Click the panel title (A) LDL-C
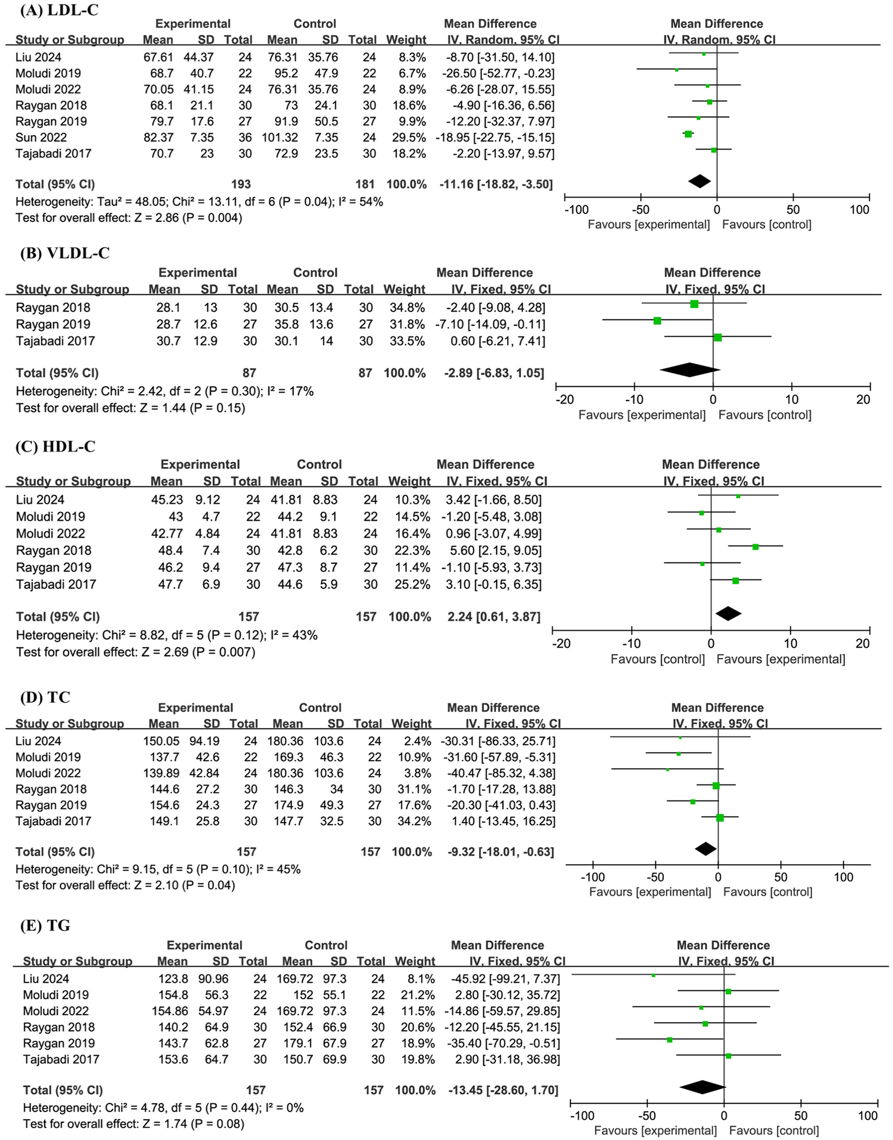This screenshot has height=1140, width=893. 59,10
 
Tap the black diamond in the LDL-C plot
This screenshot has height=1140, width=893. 699,181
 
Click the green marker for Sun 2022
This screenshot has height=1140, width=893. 688,134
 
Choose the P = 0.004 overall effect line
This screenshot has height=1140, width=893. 129,218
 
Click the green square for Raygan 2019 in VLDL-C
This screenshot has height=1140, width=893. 657,321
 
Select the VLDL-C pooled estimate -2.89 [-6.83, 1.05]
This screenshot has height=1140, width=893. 490,373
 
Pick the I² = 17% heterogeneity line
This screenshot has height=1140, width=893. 164,391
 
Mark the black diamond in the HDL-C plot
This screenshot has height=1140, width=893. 728,613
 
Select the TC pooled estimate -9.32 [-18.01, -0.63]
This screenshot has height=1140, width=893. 501,852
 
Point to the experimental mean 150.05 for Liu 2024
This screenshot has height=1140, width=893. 161,741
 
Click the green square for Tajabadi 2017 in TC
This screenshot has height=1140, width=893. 720,818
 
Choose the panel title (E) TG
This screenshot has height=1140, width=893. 45,925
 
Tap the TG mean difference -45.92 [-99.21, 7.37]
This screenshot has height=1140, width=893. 504,978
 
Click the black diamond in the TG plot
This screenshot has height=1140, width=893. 703,1087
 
